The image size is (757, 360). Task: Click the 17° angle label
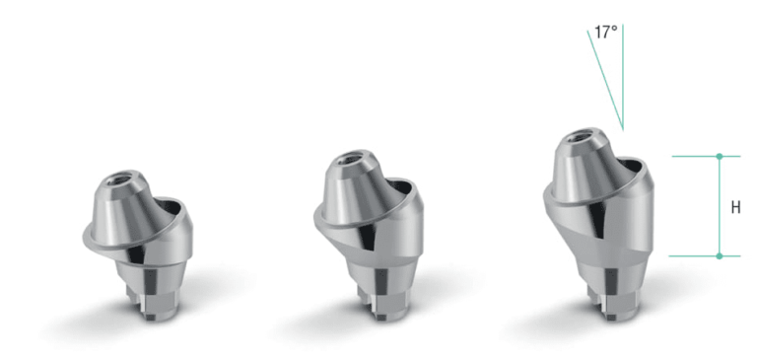click(x=605, y=33)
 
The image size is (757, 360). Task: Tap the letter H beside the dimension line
click(x=736, y=208)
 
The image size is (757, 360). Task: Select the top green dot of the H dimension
click(x=720, y=156)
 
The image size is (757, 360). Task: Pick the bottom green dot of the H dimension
click(x=720, y=256)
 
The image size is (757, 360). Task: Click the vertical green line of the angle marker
click(x=623, y=69)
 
